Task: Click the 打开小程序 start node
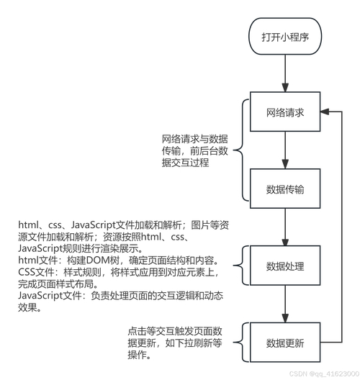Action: tap(285, 37)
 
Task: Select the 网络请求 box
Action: tap(285, 112)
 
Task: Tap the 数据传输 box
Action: tap(285, 189)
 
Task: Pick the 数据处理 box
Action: tap(285, 266)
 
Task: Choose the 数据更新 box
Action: tap(285, 342)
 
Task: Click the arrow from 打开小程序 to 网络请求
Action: tap(285, 73)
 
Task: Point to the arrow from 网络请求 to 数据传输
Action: tap(285, 150)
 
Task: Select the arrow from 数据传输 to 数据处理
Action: tap(285, 227)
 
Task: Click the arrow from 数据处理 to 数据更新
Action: tap(285, 304)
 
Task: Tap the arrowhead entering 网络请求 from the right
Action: tap(325, 112)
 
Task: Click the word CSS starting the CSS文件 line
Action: tap(27, 272)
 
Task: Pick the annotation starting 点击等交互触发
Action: tap(175, 343)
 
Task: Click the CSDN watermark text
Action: tap(324, 374)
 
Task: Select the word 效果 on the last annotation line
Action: tap(27, 307)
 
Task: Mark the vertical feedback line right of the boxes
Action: tap(342, 227)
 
